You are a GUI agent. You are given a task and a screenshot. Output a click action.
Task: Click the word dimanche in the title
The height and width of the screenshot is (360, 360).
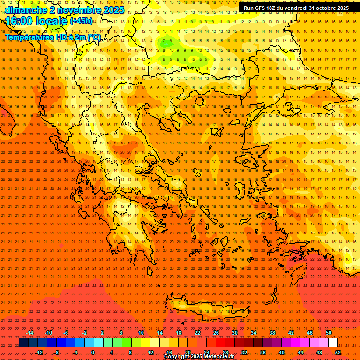[25, 10]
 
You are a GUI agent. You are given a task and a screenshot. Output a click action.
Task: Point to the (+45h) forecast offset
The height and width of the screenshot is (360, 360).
[81, 21]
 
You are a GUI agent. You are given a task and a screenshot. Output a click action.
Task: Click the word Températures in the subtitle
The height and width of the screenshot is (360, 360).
[27, 37]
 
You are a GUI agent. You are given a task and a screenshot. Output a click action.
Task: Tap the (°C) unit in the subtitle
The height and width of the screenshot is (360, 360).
[93, 37]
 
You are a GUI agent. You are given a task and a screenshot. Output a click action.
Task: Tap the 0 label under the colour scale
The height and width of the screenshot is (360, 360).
[93, 352]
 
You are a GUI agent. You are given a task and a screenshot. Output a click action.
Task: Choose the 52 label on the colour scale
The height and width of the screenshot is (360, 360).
[338, 352]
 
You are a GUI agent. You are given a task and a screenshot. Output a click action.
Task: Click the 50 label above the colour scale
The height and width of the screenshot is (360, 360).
[329, 333]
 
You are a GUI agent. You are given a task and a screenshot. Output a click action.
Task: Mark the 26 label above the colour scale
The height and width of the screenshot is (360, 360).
[216, 333]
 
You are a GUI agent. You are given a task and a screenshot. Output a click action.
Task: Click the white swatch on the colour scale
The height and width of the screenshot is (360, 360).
[333, 343]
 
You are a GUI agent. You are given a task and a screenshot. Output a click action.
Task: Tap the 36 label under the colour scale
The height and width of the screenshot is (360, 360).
[263, 352]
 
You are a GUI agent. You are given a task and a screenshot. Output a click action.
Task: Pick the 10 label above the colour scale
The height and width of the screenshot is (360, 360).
[141, 333]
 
